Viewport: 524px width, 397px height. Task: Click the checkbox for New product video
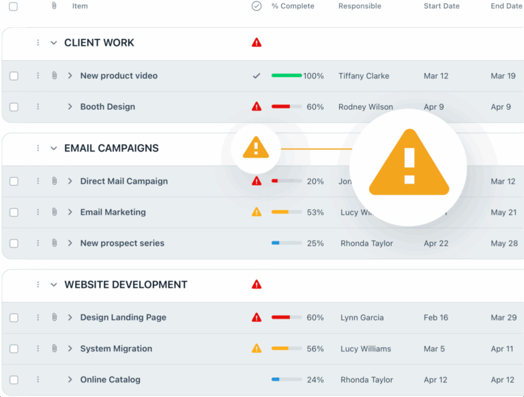pos(14,76)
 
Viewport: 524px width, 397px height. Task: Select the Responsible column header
pos(360,6)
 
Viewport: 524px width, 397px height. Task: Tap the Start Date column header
pos(441,6)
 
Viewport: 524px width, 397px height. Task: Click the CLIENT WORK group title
pos(99,43)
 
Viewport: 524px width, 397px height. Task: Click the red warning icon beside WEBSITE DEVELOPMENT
pos(257,284)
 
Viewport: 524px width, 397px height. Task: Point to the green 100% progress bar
pos(287,76)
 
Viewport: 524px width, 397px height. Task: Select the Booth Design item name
pos(107,107)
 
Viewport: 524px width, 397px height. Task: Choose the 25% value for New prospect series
pos(315,244)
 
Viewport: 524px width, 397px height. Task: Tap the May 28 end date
pos(504,244)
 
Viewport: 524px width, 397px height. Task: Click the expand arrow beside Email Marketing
pos(70,212)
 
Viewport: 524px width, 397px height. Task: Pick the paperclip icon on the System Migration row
pos(54,349)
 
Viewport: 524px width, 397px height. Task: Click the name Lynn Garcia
pos(362,318)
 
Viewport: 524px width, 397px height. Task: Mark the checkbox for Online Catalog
pos(14,380)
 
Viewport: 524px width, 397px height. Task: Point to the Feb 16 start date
pos(436,318)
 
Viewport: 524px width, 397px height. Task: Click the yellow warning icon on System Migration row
pos(257,349)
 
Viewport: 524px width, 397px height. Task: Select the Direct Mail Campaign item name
pos(123,181)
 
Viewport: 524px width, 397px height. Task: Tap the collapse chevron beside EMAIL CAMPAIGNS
pos(54,149)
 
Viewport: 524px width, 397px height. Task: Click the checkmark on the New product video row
pos(257,76)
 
